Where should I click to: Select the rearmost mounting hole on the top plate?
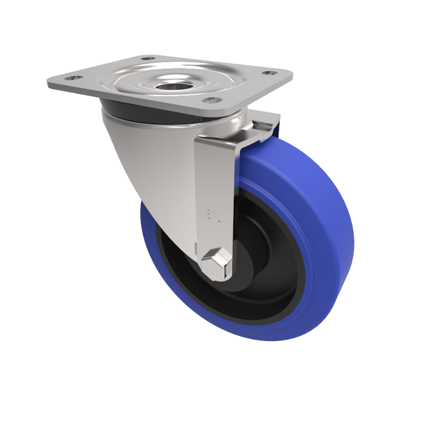pyautogui.click(x=148, y=58)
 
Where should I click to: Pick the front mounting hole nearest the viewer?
pyautogui.click(x=211, y=100)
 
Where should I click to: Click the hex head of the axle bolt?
pyautogui.click(x=216, y=263)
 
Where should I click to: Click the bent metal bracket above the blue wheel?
pyautogui.click(x=260, y=127)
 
